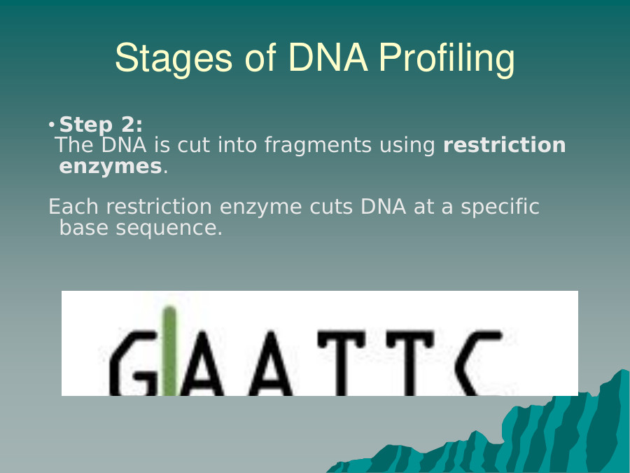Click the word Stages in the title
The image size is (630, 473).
coord(174,59)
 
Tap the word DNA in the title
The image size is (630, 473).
coord(328,57)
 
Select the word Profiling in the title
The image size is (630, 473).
coord(447,59)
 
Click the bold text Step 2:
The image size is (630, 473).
coord(101,124)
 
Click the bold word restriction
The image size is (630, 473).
coord(505,144)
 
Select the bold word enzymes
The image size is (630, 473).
coord(111,167)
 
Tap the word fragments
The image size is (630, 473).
coord(318,145)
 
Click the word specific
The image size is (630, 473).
coord(500,207)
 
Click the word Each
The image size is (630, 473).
coord(73,207)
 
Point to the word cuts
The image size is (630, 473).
coord(331,207)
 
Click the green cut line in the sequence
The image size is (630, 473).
coord(169,351)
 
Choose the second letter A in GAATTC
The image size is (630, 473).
coord(271,363)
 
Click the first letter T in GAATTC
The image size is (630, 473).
coord(342,363)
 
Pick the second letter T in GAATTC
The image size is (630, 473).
coord(409,363)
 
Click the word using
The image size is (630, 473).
coord(407,146)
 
